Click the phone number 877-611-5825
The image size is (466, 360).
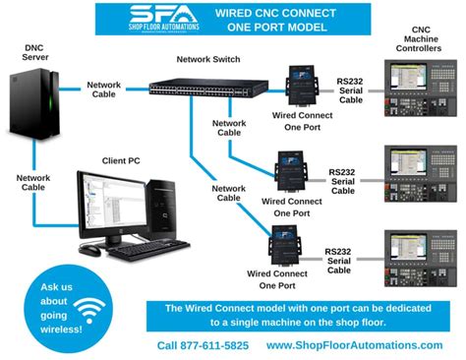coord(203,346)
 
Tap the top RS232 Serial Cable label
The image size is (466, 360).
coord(352,86)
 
